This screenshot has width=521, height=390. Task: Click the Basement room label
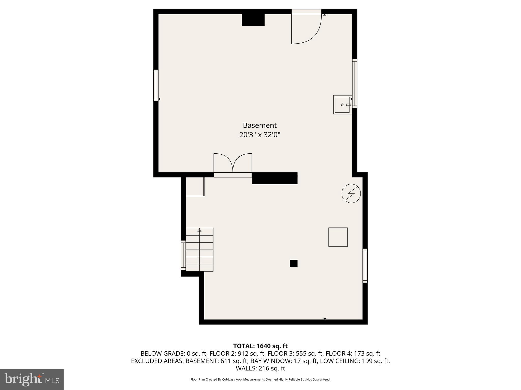[x=259, y=125]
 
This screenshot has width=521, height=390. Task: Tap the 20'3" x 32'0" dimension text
[x=259, y=135]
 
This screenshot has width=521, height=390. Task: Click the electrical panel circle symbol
[x=351, y=193]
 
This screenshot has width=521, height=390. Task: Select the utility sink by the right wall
[x=342, y=105]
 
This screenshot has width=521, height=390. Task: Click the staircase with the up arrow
[x=199, y=250]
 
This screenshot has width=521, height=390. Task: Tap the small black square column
[x=294, y=263]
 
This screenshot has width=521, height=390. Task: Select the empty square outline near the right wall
[x=338, y=237]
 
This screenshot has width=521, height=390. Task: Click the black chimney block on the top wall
[x=253, y=20]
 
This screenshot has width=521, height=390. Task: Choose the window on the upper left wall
[x=156, y=85]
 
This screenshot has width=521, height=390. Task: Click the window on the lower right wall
[x=365, y=266]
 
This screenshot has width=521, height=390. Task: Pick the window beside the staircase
[x=183, y=255]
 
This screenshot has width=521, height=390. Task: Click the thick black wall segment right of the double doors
[x=275, y=178]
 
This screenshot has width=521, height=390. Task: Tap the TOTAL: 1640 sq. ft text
[x=260, y=346]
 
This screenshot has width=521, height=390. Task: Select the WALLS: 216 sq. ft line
[x=260, y=368]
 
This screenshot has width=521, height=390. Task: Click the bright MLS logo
[x=32, y=380]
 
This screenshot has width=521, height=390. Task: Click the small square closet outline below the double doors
[x=195, y=187]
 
